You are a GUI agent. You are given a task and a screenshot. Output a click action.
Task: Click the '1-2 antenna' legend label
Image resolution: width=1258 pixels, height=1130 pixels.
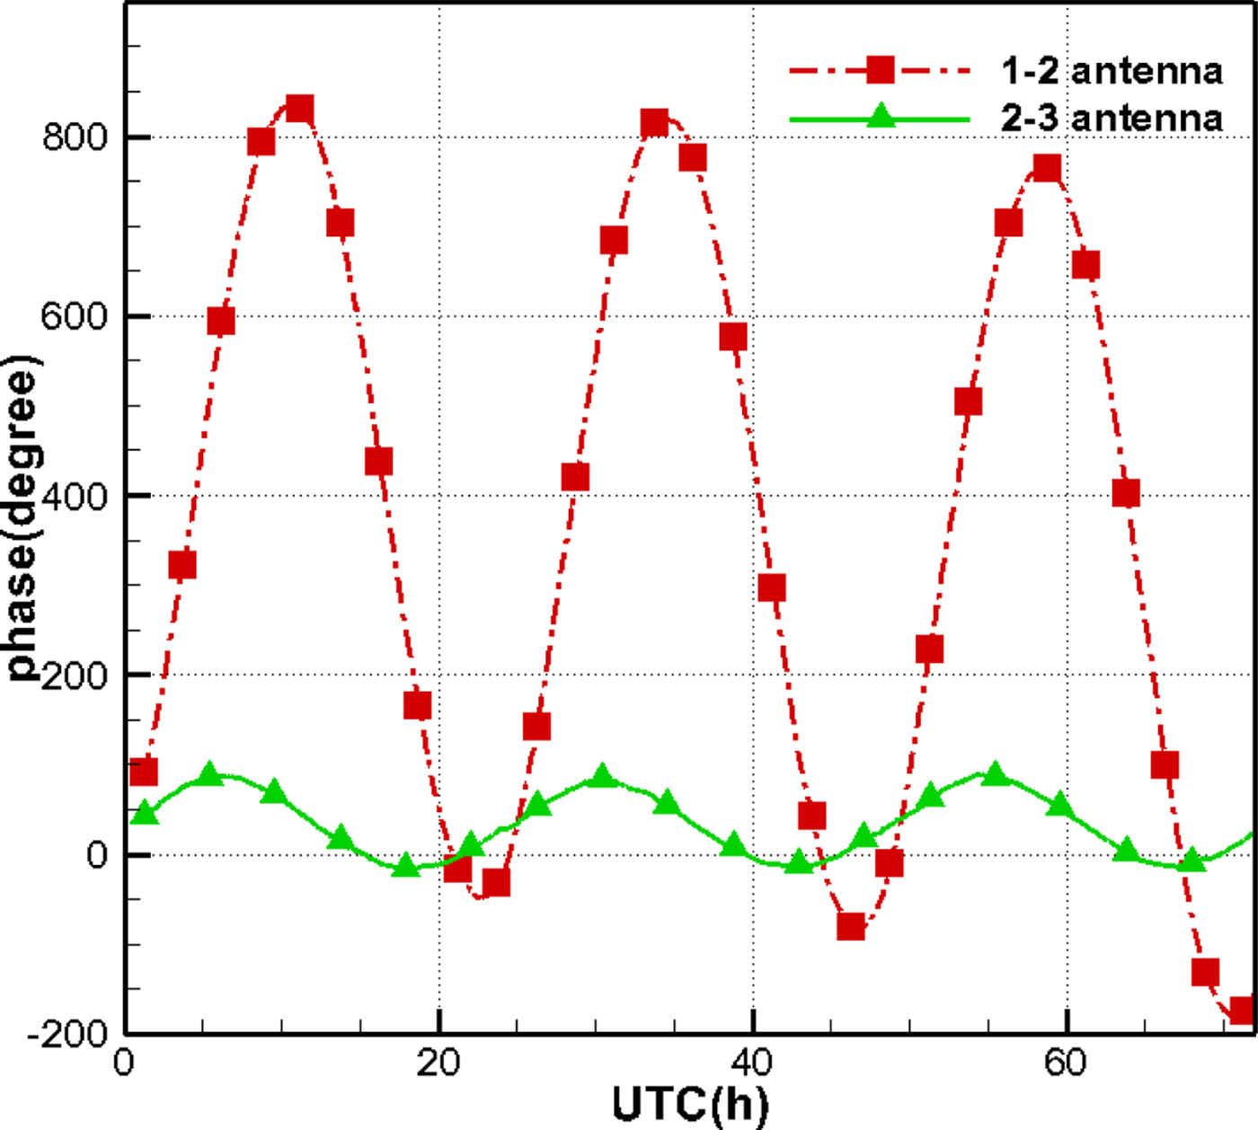[x=1112, y=70]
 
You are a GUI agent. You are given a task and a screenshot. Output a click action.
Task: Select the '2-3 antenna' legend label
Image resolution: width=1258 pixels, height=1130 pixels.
[x=1112, y=118]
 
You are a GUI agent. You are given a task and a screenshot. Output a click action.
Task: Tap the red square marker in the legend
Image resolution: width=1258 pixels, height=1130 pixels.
[x=880, y=69]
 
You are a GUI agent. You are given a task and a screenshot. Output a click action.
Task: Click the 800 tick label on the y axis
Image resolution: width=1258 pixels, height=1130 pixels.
[x=75, y=137]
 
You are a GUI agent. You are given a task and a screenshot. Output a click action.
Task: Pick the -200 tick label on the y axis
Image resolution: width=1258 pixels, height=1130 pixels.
[x=68, y=1034]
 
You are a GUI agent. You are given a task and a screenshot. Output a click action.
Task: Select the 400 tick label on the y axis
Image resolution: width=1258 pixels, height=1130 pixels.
[x=75, y=496]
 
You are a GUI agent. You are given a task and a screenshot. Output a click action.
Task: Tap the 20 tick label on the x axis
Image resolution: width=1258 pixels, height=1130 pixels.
[x=439, y=1063]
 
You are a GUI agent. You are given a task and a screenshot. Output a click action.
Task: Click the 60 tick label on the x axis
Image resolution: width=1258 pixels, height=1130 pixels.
[x=1065, y=1063]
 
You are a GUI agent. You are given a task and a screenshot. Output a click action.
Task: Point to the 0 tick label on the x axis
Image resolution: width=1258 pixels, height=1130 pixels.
[x=124, y=1063]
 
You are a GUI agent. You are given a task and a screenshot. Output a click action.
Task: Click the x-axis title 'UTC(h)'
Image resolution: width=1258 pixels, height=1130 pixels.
[x=690, y=1103]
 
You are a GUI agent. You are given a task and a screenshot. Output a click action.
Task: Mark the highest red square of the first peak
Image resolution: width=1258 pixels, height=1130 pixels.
[x=299, y=110]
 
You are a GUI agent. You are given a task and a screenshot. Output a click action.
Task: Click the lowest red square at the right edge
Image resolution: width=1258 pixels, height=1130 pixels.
[x=1242, y=1011]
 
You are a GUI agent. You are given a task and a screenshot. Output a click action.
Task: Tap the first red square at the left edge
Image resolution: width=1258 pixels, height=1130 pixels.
[x=144, y=772]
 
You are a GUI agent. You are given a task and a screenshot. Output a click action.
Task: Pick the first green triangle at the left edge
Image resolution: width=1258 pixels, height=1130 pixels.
[x=145, y=814]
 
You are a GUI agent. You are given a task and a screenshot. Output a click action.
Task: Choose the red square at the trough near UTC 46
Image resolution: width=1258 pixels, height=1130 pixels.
[x=851, y=926]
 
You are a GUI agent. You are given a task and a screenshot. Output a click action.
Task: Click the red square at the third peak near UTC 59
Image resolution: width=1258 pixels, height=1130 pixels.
[x=1047, y=168]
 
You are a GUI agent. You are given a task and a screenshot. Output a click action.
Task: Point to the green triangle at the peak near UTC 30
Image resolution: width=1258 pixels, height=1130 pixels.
[x=603, y=776]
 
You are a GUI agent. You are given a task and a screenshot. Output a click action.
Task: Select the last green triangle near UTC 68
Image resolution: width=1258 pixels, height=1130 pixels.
[x=1192, y=861]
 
